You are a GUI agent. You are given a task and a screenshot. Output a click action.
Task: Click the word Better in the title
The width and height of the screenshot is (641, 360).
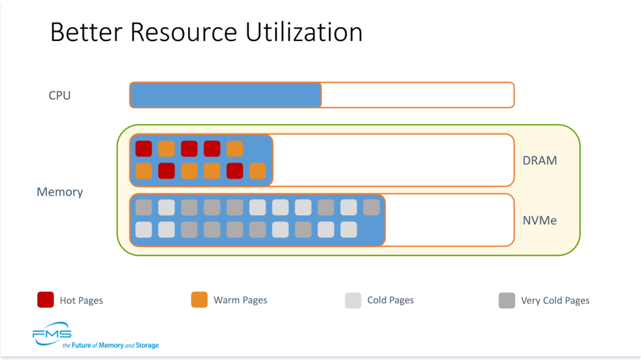[86, 32]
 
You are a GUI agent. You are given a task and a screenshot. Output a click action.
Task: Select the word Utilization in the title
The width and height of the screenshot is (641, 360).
[304, 32]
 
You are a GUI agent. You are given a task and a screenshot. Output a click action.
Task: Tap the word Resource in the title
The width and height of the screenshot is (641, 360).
[183, 32]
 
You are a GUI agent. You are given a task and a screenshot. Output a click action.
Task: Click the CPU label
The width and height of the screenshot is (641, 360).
[60, 95]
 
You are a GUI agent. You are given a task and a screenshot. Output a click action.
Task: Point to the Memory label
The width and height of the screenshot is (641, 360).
[60, 192]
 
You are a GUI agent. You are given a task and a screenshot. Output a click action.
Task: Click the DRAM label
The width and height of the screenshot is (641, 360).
[540, 160]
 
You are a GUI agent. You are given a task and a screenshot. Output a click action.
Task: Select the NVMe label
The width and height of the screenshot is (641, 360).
[540, 220]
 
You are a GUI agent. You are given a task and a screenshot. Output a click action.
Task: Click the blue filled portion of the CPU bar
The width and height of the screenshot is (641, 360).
[226, 95]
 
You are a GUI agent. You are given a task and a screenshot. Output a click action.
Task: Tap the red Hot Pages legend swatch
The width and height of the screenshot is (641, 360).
[45, 300]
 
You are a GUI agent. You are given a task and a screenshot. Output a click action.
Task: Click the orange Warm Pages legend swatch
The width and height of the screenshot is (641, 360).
[199, 300]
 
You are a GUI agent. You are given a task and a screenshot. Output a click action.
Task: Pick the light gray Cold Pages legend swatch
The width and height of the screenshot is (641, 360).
[353, 300]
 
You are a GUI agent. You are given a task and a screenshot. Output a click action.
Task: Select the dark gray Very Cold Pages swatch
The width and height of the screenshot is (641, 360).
[506, 300]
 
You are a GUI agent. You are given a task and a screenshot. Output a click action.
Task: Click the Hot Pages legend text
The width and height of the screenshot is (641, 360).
[81, 301]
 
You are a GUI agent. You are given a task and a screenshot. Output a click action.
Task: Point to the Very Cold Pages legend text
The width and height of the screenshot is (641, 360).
[555, 301]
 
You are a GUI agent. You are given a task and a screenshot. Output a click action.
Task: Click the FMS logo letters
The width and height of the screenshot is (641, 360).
[52, 333]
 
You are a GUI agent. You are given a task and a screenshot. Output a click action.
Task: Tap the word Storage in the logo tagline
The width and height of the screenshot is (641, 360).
[147, 345]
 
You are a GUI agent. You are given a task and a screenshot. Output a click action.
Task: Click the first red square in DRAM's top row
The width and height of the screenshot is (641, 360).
[144, 149]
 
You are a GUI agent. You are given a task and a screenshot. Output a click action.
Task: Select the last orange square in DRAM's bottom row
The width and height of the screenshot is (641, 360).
[257, 171]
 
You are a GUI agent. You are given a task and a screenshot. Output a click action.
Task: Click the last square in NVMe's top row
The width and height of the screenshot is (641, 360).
[371, 207]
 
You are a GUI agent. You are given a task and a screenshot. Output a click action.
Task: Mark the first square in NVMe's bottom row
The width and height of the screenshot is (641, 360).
[144, 230]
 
